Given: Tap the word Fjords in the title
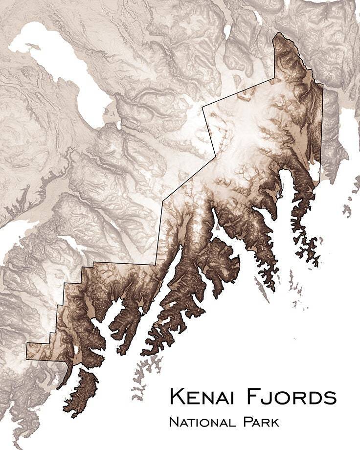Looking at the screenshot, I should pos(292,396).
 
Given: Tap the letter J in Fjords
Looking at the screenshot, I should pos(267,397).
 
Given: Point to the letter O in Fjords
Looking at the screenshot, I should pos(281,397).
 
